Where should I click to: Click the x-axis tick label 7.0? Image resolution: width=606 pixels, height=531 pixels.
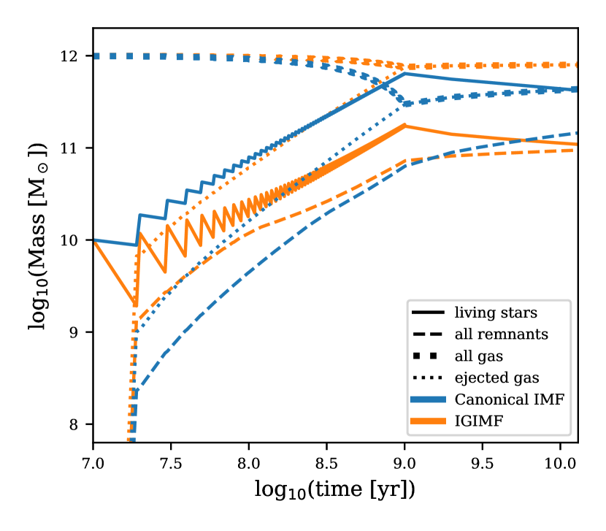pos(93,464)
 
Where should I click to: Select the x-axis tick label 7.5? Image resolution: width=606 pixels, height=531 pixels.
pos(171,464)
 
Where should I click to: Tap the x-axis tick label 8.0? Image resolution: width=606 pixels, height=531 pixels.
pos(249,464)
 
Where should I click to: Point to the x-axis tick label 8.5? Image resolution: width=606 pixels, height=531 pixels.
pos(326,464)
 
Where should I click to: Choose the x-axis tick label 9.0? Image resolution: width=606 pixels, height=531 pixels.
pos(404,464)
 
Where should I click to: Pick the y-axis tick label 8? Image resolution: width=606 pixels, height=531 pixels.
pos(80,425)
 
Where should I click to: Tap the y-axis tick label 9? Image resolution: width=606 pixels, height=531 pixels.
pos(80,333)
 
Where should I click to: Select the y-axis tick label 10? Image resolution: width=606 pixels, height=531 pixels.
pos(76,241)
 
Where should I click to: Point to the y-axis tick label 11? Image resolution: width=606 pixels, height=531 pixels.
pos(76,148)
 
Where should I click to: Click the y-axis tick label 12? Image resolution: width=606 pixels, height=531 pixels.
pos(76,56)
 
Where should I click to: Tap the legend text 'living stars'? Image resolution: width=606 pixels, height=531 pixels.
pos(496,313)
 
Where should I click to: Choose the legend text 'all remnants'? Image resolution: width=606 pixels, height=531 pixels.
pos(501,335)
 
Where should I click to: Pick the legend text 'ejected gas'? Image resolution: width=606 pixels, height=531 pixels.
pos(496,378)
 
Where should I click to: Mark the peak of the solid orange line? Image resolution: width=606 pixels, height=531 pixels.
pos(404,126)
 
